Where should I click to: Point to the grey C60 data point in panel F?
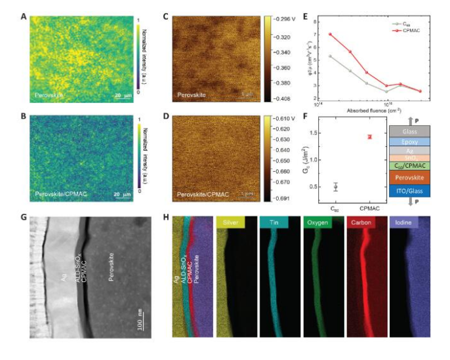coord(336,187)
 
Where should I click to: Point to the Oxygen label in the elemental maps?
coord(315,224)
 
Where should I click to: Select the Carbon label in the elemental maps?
coord(358,224)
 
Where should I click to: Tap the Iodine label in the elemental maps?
coord(399,224)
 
